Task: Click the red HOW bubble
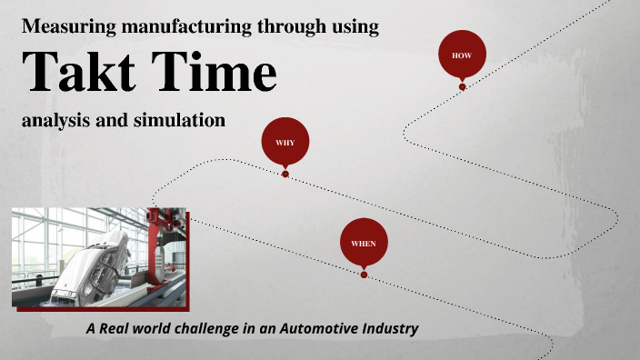pos(462,55)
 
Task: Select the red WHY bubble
pos(285,142)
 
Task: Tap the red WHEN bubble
pos(364,243)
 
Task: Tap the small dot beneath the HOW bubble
pos(462,87)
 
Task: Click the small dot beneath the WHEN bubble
pos(364,275)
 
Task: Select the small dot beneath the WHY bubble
pos(285,174)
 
